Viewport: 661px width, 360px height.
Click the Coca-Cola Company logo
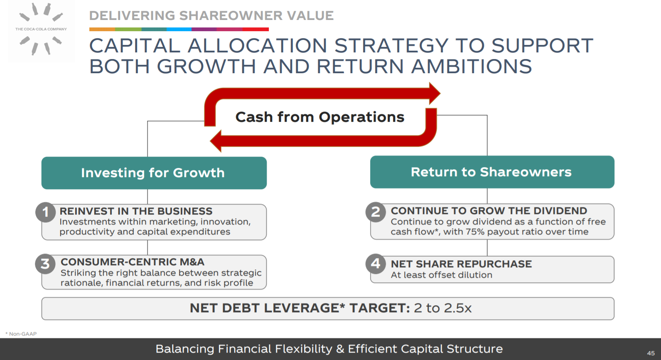coord(41,29)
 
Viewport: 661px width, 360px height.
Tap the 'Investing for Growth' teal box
coord(154,173)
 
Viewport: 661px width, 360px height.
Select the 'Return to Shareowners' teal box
coord(492,172)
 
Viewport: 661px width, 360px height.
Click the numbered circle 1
coord(45,212)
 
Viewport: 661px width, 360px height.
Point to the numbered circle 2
coord(376,212)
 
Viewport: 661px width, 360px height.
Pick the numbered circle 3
coord(45,264)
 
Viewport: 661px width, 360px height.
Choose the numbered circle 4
coord(376,264)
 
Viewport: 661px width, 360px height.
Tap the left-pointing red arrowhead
coord(216,141)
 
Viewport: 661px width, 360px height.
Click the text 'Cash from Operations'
coord(320,117)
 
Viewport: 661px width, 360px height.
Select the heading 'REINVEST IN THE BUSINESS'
coord(136,211)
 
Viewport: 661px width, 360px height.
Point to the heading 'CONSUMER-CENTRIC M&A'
coord(133,262)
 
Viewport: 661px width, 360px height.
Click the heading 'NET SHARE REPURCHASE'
coord(461,264)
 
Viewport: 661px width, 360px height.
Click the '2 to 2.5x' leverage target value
coord(443,308)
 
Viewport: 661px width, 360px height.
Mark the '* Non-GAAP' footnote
coord(21,334)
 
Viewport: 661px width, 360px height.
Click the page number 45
coord(651,353)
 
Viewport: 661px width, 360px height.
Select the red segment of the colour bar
coord(256,29)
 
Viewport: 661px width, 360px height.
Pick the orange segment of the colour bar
coord(102,29)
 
